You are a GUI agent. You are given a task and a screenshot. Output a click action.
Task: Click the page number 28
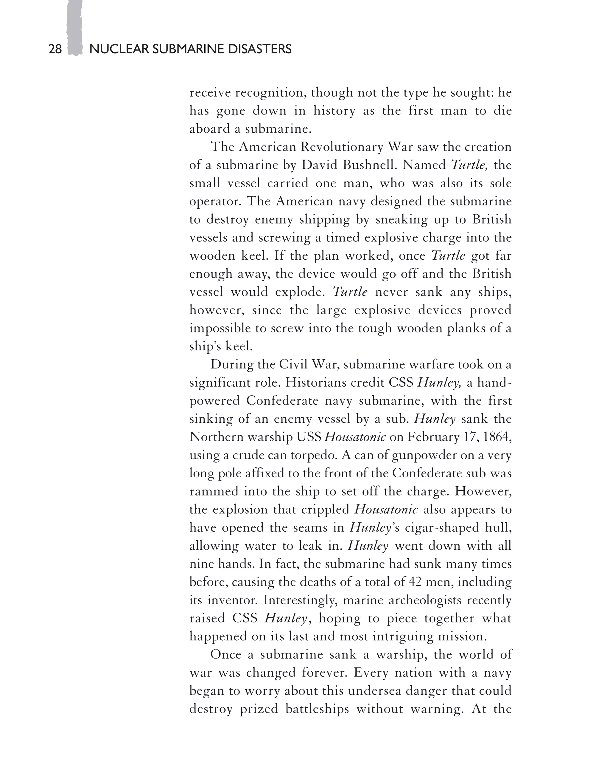coord(55,49)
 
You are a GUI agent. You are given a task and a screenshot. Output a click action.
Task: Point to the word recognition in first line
coord(270,93)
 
